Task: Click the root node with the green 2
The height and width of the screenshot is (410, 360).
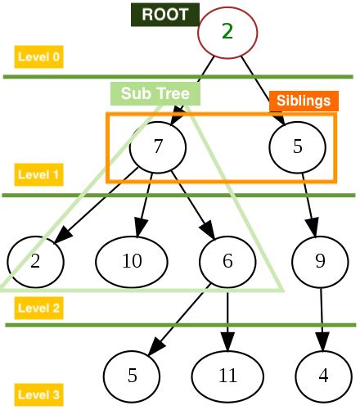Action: pos(227,32)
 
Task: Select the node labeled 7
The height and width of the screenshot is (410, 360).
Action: pos(159,147)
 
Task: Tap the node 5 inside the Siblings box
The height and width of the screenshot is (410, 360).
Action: pos(297,147)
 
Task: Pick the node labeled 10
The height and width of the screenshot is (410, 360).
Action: pos(132,261)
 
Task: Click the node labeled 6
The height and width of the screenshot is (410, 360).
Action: pos(227,261)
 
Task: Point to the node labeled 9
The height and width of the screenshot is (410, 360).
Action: pos(320,261)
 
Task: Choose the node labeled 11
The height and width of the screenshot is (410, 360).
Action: pos(227,376)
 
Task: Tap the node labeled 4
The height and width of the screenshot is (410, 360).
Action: pos(323,376)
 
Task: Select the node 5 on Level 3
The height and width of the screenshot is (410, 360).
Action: pos(132,376)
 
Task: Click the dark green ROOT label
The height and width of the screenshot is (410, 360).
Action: pos(164,14)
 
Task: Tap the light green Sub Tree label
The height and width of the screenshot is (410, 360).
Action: pos(155,94)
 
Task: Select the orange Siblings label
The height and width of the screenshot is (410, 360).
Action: pos(304,101)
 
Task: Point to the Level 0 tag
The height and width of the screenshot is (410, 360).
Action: pos(38,57)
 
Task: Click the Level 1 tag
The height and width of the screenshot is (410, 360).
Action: pos(38,174)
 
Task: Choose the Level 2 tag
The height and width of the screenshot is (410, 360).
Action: pos(38,309)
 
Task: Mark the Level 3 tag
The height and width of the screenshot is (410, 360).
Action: pos(38,394)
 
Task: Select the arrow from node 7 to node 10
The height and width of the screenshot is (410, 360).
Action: pos(145,205)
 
